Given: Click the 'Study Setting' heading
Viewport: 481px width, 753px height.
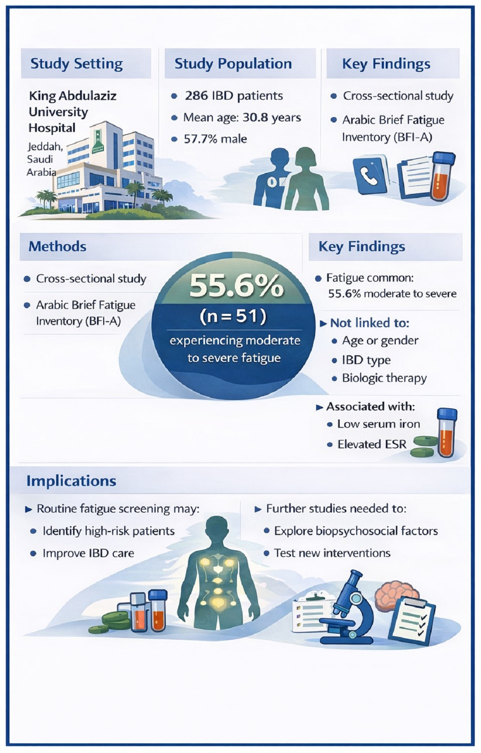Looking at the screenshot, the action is [77, 64].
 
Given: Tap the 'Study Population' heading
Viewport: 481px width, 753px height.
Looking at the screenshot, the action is [233, 64].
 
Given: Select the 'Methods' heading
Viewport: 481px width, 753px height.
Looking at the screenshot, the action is [57, 246].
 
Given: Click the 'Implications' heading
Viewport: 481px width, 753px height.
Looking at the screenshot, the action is [71, 481].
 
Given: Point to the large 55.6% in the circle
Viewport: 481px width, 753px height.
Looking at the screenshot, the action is [236, 286].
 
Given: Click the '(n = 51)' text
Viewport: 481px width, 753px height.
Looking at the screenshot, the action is [233, 316].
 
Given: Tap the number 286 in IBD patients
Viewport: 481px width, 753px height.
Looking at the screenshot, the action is [196, 96].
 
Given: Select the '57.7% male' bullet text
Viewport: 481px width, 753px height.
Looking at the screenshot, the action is [215, 139].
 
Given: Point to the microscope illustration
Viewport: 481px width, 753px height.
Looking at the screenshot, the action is [348, 607].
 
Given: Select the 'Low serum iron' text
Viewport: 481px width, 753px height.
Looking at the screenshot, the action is [378, 424].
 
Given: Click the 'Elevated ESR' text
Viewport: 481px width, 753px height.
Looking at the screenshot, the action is [372, 444].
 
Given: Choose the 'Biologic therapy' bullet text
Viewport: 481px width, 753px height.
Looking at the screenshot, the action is [384, 378].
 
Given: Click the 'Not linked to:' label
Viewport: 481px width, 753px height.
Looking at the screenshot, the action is [369, 323].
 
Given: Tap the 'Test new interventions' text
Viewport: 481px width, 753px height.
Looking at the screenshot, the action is [332, 553].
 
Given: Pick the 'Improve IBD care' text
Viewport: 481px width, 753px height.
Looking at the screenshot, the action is [88, 553].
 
